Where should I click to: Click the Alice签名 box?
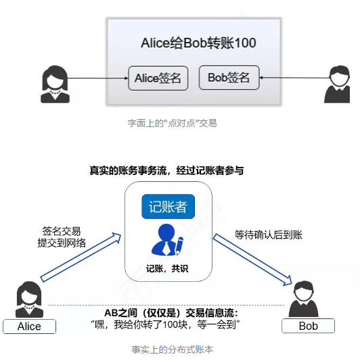pyautogui.click(x=158, y=78)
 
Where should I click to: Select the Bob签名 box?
pyautogui.click(x=229, y=78)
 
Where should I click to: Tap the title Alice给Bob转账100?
pyautogui.click(x=198, y=43)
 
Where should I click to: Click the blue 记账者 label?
pyautogui.click(x=168, y=206)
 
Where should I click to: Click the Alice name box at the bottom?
pyautogui.click(x=30, y=326)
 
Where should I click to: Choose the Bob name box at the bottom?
pyautogui.click(x=309, y=326)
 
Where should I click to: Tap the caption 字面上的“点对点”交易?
pyautogui.click(x=172, y=123)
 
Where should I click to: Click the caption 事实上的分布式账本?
pyautogui.click(x=173, y=349)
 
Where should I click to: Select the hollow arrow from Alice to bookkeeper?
pyautogui.click(x=81, y=257)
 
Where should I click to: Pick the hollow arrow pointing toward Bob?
pyautogui.click(x=252, y=260)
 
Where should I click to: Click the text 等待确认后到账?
pyautogui.click(x=269, y=235)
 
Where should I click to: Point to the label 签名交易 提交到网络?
pyautogui.click(x=62, y=237)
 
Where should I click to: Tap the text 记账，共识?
pyautogui.click(x=167, y=268)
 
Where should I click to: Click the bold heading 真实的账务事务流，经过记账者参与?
pyautogui.click(x=166, y=170)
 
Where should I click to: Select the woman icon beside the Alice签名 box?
pyautogui.click(x=55, y=84)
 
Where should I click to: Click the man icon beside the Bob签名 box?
pyautogui.click(x=337, y=84)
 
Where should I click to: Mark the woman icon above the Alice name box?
pyautogui.click(x=29, y=299)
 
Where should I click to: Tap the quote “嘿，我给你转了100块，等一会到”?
pyautogui.click(x=165, y=324)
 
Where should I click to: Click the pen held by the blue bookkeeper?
pyautogui.click(x=179, y=245)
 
